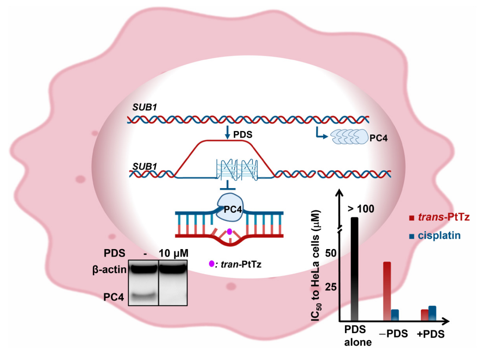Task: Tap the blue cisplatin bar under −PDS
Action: [395, 315]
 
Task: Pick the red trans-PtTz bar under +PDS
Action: [424, 315]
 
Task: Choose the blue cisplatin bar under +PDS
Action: [432, 313]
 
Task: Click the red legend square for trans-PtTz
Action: [412, 218]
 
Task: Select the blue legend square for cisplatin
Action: [412, 236]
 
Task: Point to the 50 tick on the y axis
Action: [331, 253]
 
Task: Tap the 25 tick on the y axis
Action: [331, 287]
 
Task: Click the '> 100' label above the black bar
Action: [361, 209]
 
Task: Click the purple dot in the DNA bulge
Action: [229, 231]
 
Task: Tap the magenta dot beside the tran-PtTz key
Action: [211, 263]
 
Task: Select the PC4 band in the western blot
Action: [143, 296]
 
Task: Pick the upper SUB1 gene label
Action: [144, 107]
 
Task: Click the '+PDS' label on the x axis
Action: [431, 334]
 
